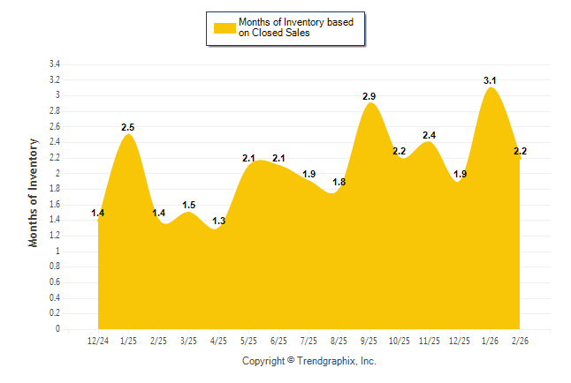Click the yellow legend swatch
(x=225, y=27)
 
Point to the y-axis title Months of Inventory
(x=34, y=192)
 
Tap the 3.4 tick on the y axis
(x=55, y=64)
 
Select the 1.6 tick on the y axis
(x=55, y=205)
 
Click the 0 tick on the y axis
(x=57, y=329)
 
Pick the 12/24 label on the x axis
(x=98, y=341)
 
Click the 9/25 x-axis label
(x=369, y=341)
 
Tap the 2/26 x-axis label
(x=520, y=341)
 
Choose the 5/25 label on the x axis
(x=248, y=341)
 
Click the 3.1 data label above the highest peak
(x=491, y=80)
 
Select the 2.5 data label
(x=128, y=127)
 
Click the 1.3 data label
(x=218, y=221)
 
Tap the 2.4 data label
(x=430, y=135)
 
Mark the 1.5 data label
(x=188, y=205)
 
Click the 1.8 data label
(x=339, y=182)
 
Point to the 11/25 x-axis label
(x=430, y=341)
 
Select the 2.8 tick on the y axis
(x=55, y=111)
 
